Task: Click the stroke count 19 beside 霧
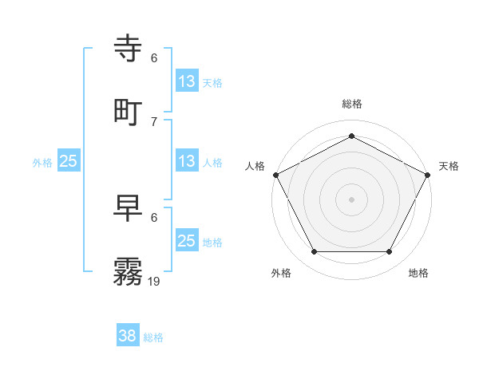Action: click(154, 281)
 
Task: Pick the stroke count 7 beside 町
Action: click(154, 121)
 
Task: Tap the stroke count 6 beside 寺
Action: click(154, 58)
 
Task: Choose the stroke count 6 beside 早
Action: click(154, 218)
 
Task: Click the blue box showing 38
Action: click(128, 336)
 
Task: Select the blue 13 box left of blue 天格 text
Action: click(187, 81)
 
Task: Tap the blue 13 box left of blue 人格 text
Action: click(187, 161)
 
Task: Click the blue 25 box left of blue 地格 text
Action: click(187, 241)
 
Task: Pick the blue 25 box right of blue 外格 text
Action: click(69, 161)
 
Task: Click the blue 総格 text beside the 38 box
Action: click(153, 337)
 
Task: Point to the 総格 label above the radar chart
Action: click(352, 104)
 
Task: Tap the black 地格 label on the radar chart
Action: click(418, 274)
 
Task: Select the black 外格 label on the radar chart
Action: click(281, 274)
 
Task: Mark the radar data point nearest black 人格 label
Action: click(275, 174)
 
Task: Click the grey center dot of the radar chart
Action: click(352, 199)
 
